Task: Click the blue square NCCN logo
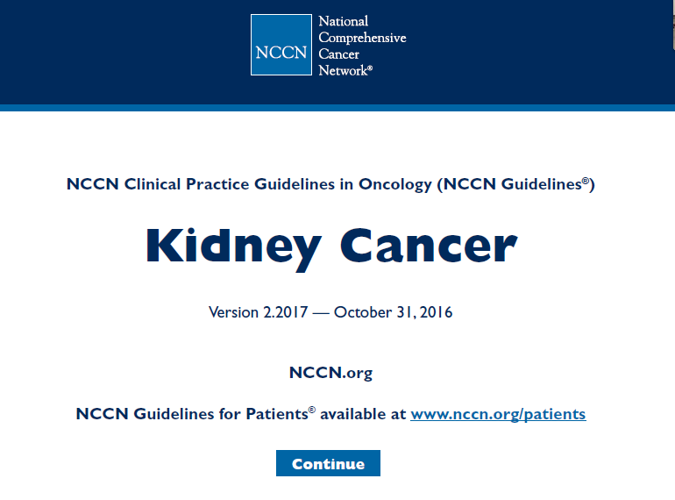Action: click(x=281, y=45)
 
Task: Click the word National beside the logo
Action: click(x=343, y=21)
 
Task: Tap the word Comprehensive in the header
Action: click(x=362, y=38)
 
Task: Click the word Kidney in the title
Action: click(x=234, y=247)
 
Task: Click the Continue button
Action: click(x=328, y=463)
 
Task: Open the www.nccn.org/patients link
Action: click(x=498, y=414)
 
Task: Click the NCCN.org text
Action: click(x=330, y=373)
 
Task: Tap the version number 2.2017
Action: click(x=286, y=312)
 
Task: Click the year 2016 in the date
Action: click(x=436, y=312)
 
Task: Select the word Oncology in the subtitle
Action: click(x=395, y=184)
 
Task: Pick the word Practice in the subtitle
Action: click(x=217, y=184)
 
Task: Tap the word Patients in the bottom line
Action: click(x=277, y=414)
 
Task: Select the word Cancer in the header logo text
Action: click(x=338, y=54)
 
